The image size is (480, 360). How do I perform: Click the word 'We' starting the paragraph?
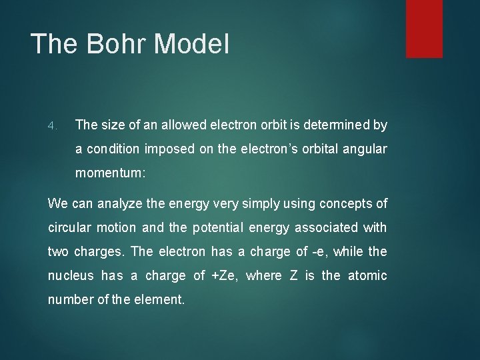(x=57, y=202)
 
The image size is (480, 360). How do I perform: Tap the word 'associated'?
(x=325, y=227)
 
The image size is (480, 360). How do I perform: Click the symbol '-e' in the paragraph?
(x=322, y=252)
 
